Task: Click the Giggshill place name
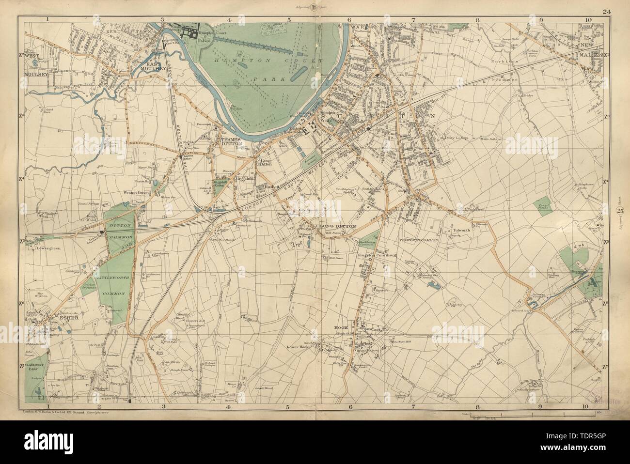pyautogui.click(x=241, y=178)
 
